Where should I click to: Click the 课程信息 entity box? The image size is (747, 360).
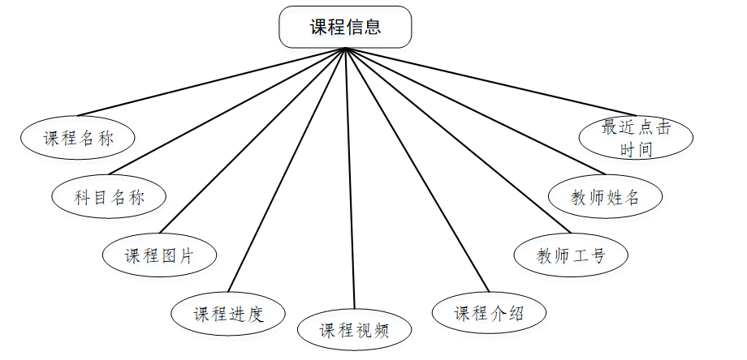pos(345,28)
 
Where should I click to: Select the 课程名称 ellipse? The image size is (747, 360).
pos(78,137)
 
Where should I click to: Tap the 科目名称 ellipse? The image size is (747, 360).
pos(109,197)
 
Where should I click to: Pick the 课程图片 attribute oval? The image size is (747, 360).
pos(159,255)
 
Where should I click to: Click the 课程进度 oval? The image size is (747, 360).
pos(228,312)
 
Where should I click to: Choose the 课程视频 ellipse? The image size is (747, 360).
pos(354,330)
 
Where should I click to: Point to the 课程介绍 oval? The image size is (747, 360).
pos(489,312)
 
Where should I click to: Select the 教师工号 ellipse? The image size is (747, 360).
pos(571,255)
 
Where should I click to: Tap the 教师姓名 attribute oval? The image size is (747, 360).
pos(605,197)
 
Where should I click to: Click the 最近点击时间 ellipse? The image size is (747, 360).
pos(636,138)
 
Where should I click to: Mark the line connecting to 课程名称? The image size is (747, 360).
pos(211,81)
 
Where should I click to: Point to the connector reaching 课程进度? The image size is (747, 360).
pos(286,170)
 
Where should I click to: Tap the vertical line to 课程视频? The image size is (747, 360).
pos(350,178)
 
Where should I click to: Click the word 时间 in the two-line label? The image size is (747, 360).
pos(636,150)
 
